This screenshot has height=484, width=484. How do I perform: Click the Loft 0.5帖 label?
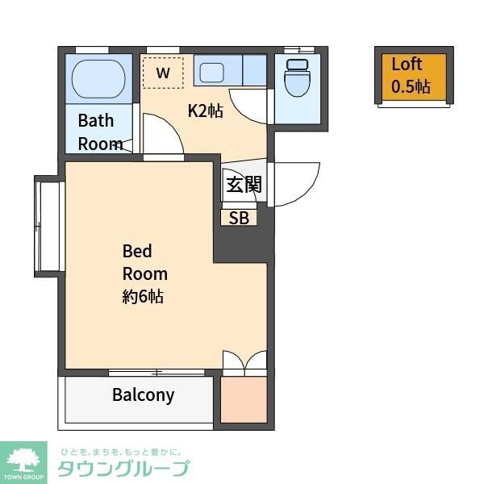pos(411,76)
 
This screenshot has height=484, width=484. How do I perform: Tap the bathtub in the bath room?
pos(98,79)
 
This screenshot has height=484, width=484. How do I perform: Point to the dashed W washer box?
pos(163,73)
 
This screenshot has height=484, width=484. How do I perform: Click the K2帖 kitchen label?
pos(206,111)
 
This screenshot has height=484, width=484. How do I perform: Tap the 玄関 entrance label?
pos(244,185)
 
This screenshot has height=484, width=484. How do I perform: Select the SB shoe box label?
pos(239,218)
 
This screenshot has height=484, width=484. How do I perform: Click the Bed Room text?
pos(144,261)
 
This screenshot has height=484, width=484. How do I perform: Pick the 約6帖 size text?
pos(143,296)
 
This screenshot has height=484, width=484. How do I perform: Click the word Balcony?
pos(143,395)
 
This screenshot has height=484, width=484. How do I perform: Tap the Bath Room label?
pos(99,132)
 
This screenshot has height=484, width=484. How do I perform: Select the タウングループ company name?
pos(123,469)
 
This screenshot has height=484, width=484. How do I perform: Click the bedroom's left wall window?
pos(48,227)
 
